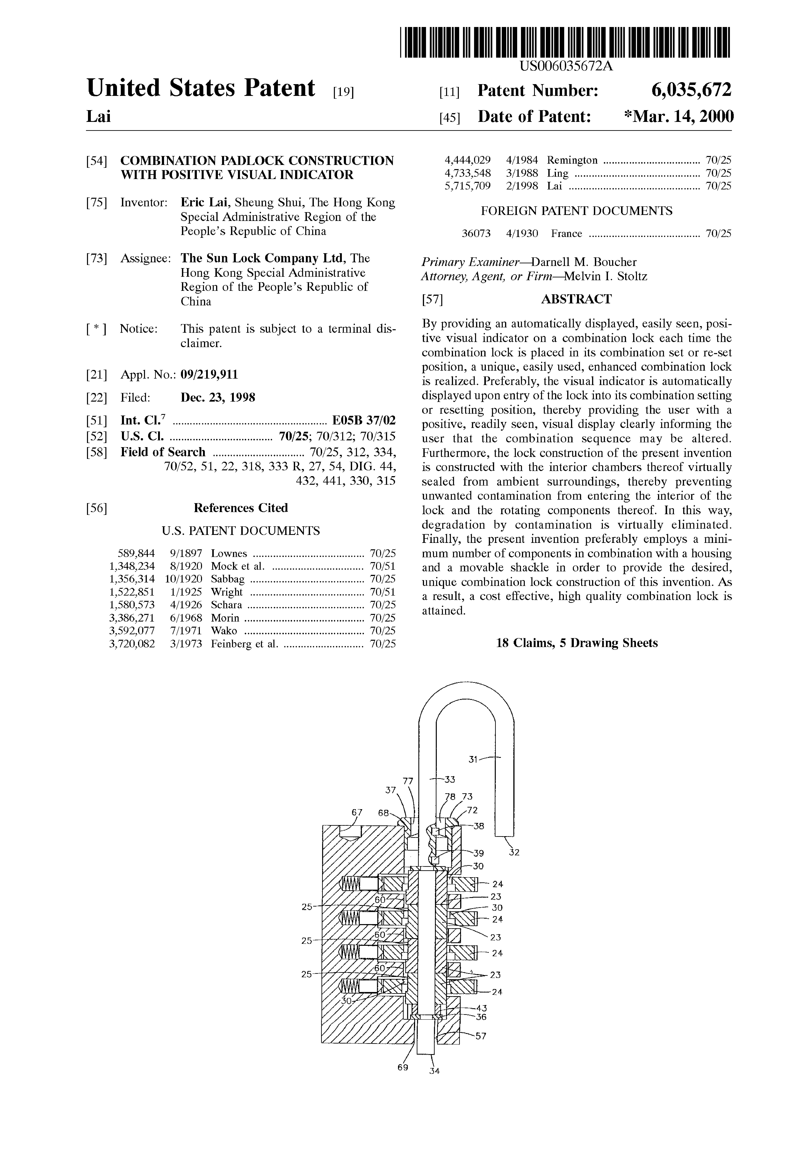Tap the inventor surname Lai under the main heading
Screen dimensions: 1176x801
click(x=98, y=117)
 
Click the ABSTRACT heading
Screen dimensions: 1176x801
click(x=576, y=299)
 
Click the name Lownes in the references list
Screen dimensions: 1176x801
click(x=229, y=554)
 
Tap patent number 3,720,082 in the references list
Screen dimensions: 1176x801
click(x=132, y=644)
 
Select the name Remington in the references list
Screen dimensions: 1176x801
click(x=572, y=160)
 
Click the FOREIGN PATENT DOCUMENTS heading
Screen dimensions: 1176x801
click(x=576, y=211)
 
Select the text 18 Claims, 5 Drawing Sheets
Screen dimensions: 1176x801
click(x=577, y=643)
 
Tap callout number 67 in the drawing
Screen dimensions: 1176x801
click(x=357, y=812)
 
